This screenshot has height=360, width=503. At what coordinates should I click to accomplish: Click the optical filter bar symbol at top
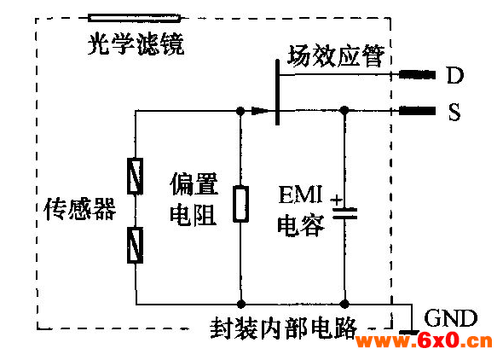point(134,18)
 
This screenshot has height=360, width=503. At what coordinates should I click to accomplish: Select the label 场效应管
point(336,55)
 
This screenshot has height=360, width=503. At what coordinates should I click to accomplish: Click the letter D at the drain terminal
point(455,75)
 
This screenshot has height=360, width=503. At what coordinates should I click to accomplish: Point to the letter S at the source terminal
point(454,112)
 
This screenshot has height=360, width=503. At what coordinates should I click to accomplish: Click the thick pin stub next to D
point(417,75)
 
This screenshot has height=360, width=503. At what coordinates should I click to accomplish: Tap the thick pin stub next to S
point(417,111)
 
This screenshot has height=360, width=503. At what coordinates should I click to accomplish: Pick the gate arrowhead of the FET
point(260,111)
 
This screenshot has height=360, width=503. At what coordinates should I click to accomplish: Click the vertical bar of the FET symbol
point(277,92)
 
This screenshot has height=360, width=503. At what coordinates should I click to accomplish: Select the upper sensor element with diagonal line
point(135,176)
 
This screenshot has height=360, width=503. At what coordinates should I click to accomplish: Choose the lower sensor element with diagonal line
point(135,245)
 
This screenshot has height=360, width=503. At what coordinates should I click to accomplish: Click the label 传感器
point(79,209)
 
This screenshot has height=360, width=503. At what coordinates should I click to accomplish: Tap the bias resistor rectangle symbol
point(240,204)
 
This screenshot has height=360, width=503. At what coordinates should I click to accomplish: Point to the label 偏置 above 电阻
point(194,184)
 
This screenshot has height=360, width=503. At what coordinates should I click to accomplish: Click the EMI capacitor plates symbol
point(344,213)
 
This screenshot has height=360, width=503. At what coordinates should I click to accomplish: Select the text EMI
point(300,195)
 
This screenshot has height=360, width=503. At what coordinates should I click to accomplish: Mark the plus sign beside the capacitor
point(337,200)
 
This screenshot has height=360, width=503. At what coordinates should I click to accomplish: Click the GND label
point(450,318)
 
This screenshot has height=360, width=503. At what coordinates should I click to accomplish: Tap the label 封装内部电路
point(284,328)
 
